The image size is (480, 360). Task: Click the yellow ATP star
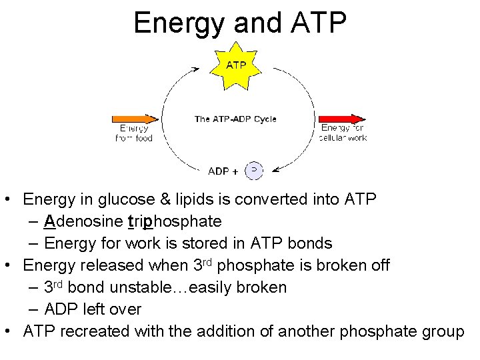(236, 65)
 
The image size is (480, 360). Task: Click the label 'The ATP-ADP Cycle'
(235, 119)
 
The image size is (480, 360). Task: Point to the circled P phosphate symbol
(254, 171)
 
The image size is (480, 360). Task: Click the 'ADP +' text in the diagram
(223, 171)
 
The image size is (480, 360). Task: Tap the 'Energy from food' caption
(134, 133)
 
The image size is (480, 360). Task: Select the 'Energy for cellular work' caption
(343, 133)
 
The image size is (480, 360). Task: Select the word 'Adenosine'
(83, 221)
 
